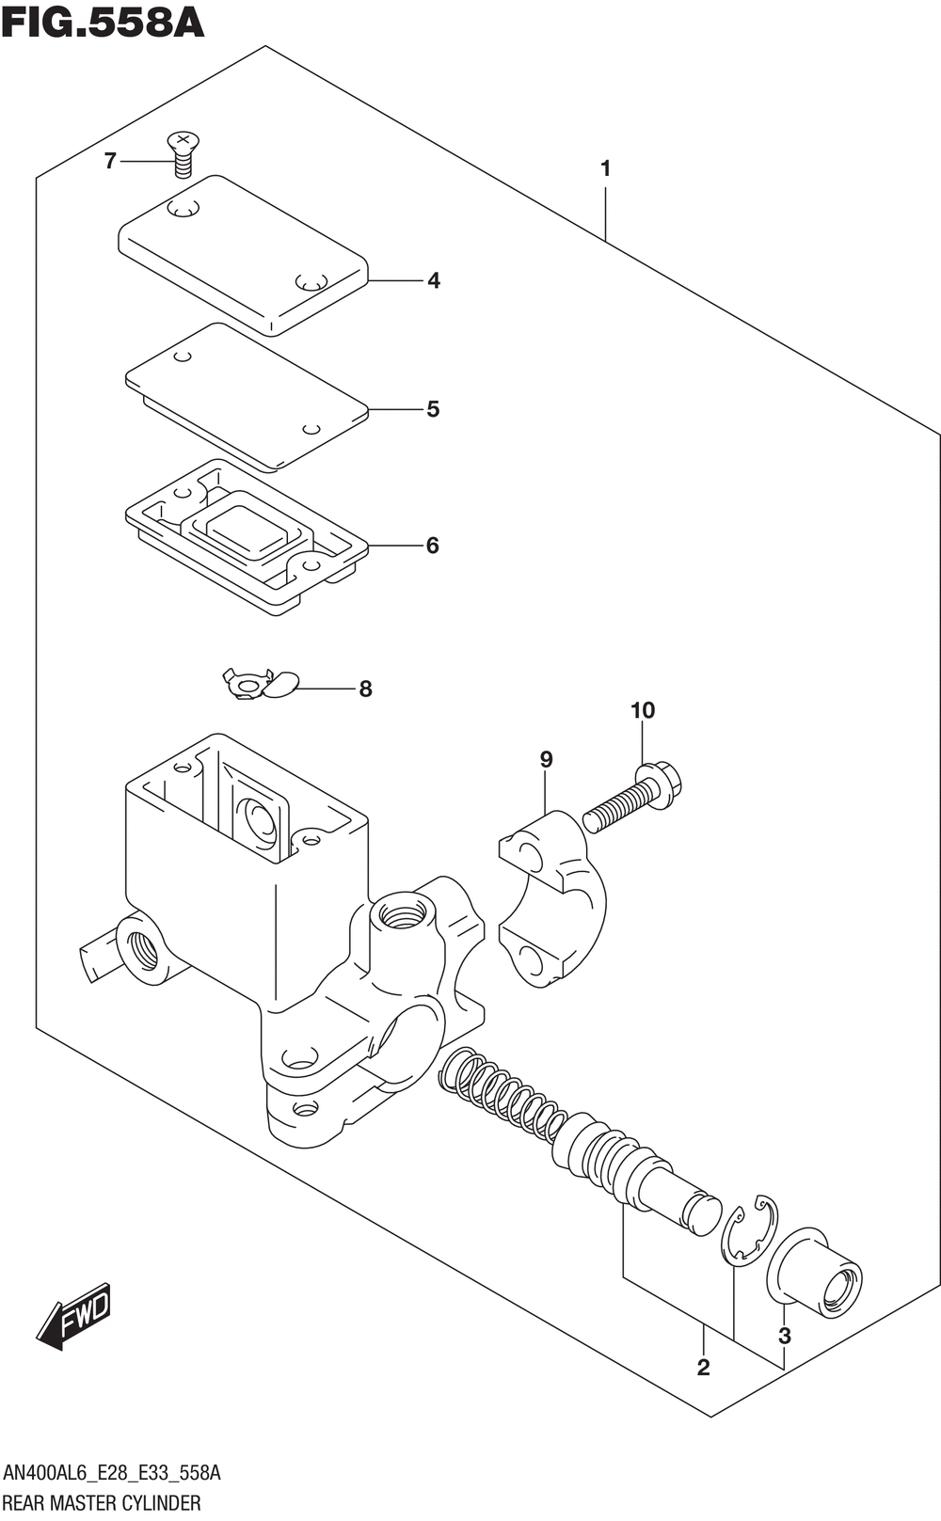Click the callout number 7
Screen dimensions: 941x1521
pyautogui.click(x=110, y=162)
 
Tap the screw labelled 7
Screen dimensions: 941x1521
pyautogui.click(x=183, y=155)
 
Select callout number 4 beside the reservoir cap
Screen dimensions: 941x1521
pyautogui.click(x=434, y=280)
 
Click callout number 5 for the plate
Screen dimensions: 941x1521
pyautogui.click(x=433, y=409)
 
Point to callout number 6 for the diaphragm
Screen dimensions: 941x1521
pyautogui.click(x=433, y=546)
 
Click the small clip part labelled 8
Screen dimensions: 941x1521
pyautogui.click(x=261, y=685)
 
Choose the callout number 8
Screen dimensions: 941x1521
pyautogui.click(x=365, y=689)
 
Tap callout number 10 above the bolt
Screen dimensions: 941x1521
pyautogui.click(x=643, y=710)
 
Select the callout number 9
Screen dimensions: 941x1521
pyautogui.click(x=547, y=759)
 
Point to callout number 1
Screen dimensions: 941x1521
pyautogui.click(x=605, y=168)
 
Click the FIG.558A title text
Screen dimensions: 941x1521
pyautogui.click(x=103, y=23)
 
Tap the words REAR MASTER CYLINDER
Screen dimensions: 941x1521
pyautogui.click(x=102, y=1503)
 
